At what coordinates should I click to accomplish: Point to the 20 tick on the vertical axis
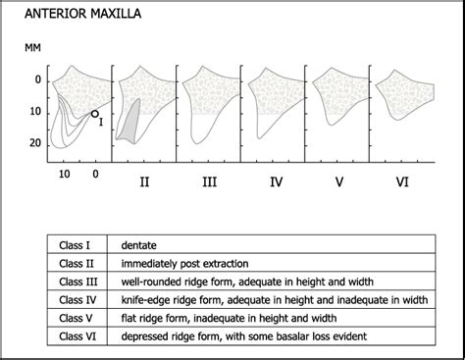point(36,143)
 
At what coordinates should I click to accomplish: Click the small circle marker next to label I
point(94,114)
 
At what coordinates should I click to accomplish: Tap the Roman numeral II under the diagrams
point(145,181)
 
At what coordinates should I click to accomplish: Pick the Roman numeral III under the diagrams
point(209,181)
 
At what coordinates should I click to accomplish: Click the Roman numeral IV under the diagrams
point(275,181)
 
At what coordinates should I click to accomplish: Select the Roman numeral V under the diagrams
point(338,181)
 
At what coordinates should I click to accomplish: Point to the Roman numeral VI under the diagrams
point(401,181)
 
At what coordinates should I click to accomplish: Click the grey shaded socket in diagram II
point(129,123)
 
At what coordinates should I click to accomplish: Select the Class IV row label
point(77,299)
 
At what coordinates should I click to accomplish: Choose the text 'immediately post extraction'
point(185,264)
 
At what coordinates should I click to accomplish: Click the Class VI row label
point(77,336)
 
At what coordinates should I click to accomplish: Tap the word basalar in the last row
point(302,336)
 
